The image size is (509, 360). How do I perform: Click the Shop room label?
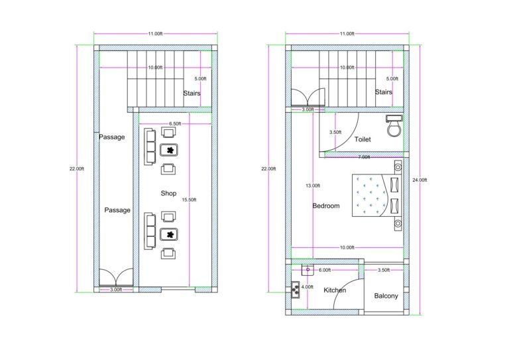[x=169, y=194]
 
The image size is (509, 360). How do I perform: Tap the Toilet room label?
[x=363, y=140]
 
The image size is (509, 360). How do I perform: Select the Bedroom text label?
[x=326, y=206]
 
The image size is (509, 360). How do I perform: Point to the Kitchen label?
[x=335, y=290]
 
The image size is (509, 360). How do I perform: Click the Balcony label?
[x=386, y=296]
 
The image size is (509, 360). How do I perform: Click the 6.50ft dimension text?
[x=176, y=124]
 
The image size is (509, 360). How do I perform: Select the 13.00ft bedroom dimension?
[x=312, y=186]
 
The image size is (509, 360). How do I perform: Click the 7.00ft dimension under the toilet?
[x=364, y=157]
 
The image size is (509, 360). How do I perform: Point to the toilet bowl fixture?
[x=394, y=126]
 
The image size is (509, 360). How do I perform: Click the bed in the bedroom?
[x=376, y=195]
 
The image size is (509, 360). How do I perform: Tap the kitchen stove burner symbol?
[x=294, y=289]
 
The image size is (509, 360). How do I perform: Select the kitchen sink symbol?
[x=308, y=270]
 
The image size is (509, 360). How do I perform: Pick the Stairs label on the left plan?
[x=192, y=93]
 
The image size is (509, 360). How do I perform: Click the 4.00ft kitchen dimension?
[x=307, y=287]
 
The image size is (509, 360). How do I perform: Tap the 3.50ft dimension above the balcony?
[x=383, y=270]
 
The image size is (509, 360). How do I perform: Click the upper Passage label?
[x=111, y=137]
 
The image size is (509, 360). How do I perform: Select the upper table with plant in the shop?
[x=170, y=150]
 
